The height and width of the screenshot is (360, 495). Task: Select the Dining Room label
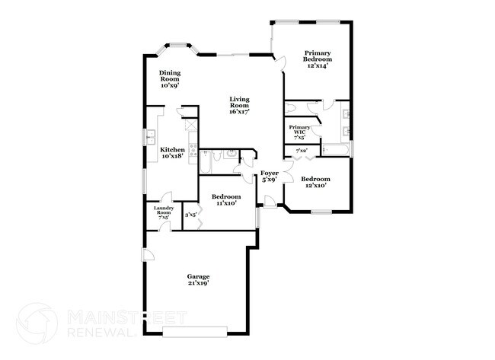tap(169, 79)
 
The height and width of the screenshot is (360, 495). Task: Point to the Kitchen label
tap(171, 152)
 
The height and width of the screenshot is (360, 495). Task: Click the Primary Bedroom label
tap(317, 58)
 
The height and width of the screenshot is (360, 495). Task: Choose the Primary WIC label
tap(299, 132)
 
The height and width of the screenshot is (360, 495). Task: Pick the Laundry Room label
tap(164, 212)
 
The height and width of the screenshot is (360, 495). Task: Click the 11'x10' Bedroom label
tap(226, 200)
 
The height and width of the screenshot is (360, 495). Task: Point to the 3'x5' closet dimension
tap(190, 215)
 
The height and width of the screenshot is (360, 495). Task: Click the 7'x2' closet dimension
tap(302, 151)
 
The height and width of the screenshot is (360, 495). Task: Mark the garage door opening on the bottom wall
tap(195, 331)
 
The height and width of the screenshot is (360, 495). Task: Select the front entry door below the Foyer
tap(270, 201)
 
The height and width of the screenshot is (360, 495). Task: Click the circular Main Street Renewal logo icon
tap(37, 323)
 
